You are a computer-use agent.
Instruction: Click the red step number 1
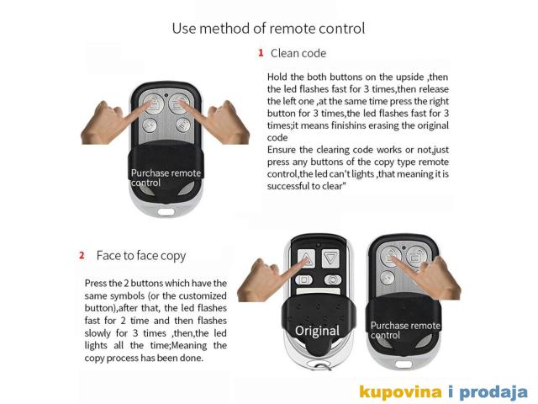click(261, 53)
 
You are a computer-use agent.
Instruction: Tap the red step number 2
click(82, 255)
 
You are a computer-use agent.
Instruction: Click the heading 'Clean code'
click(298, 53)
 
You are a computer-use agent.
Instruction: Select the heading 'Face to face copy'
click(141, 256)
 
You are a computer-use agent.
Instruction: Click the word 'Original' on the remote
click(317, 331)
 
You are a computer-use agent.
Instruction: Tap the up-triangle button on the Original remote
click(306, 258)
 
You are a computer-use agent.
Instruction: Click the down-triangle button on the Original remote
click(330, 258)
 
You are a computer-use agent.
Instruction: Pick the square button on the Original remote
click(304, 280)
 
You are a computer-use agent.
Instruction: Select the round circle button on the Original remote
click(333, 280)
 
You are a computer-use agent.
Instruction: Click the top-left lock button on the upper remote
click(153, 104)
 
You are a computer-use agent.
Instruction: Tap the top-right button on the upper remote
click(178, 104)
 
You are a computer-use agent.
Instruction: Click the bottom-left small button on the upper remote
click(150, 125)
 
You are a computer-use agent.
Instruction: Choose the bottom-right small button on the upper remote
click(183, 125)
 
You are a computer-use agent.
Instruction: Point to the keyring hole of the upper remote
click(166, 211)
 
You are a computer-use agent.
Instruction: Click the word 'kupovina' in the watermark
click(400, 392)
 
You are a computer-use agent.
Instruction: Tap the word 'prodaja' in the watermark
click(493, 392)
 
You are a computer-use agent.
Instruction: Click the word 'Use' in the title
click(183, 28)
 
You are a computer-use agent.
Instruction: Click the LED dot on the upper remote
click(166, 95)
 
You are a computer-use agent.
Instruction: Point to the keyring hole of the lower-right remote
click(403, 364)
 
